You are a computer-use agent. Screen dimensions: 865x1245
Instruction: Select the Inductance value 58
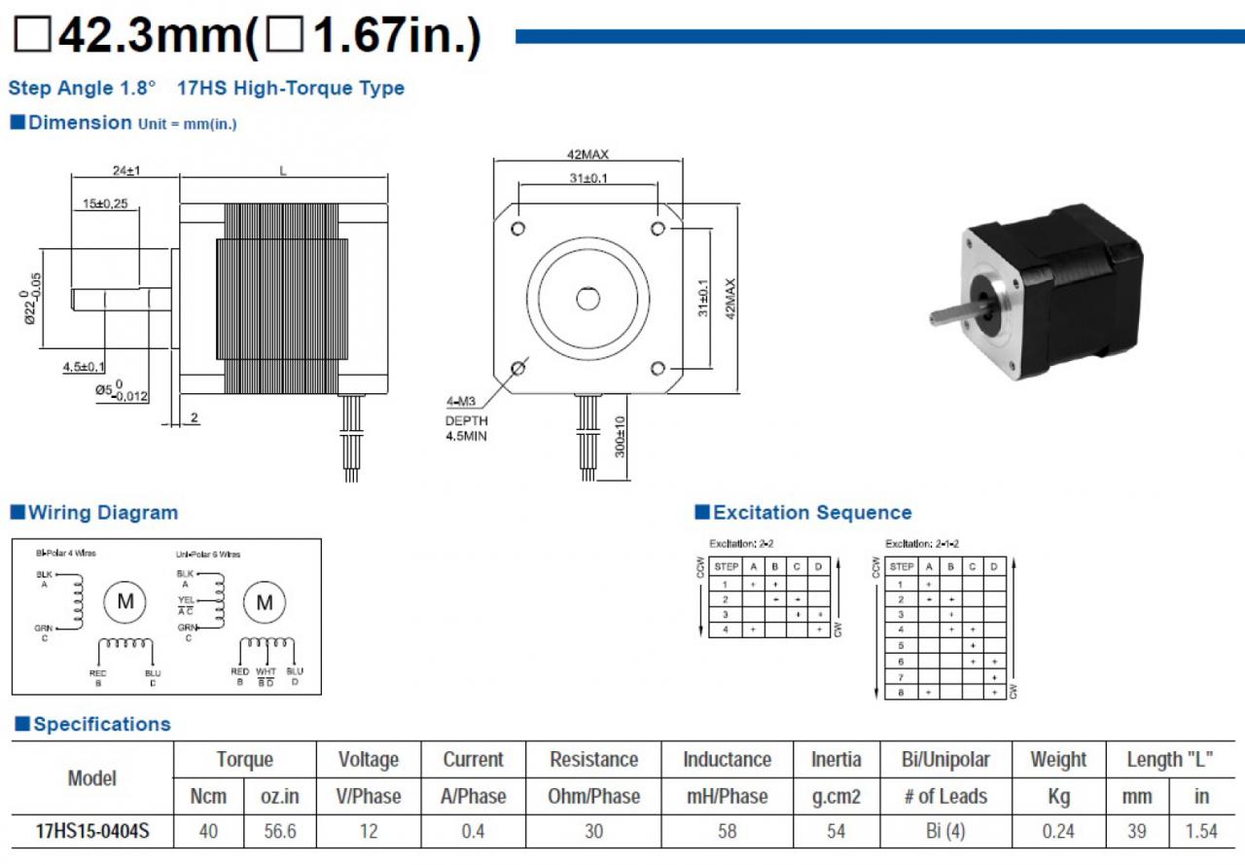(x=727, y=831)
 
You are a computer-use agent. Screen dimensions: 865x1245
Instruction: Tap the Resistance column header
(x=593, y=760)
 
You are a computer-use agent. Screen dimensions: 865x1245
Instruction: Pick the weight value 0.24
(x=1057, y=831)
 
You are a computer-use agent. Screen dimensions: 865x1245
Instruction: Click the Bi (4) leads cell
(x=945, y=831)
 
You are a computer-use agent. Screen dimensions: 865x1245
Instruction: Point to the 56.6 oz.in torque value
(x=280, y=831)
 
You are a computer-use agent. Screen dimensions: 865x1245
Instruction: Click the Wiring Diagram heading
(x=102, y=513)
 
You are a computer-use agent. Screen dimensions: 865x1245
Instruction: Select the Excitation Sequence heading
(x=811, y=513)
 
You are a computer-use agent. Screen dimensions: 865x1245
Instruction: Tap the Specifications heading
(x=101, y=724)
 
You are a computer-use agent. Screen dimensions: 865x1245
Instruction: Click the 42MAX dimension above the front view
(x=587, y=155)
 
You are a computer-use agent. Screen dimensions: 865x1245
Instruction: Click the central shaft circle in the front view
(x=587, y=298)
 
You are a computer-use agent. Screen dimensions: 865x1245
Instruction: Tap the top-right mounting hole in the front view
(x=658, y=228)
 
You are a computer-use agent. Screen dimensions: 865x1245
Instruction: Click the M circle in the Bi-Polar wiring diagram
(x=125, y=601)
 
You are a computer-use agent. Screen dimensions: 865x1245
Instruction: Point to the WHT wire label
(x=266, y=671)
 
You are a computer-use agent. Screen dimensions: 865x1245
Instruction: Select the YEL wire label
(x=186, y=600)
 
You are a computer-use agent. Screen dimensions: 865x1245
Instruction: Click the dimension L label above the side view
(x=283, y=171)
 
